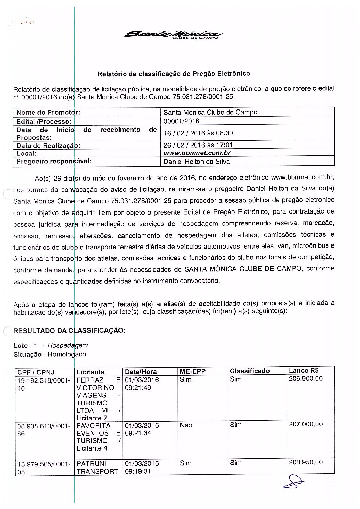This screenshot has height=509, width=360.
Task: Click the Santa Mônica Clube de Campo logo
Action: (x=174, y=35)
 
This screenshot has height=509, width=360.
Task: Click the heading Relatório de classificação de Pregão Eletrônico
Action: (x=174, y=73)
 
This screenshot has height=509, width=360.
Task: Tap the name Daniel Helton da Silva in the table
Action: (x=196, y=162)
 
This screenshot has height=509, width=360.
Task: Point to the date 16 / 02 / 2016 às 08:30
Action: (x=198, y=133)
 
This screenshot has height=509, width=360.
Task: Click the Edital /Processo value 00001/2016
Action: (x=181, y=121)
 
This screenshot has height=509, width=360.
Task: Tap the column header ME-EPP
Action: (x=193, y=371)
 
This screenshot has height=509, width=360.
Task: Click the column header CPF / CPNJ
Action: (x=36, y=372)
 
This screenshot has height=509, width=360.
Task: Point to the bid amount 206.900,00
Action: (x=306, y=379)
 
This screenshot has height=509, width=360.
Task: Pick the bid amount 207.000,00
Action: (x=306, y=424)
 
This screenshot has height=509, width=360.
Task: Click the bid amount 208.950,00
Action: (x=306, y=462)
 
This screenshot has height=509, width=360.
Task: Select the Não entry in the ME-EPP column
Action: (x=186, y=425)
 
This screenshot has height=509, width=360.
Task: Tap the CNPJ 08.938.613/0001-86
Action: (x=43, y=429)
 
